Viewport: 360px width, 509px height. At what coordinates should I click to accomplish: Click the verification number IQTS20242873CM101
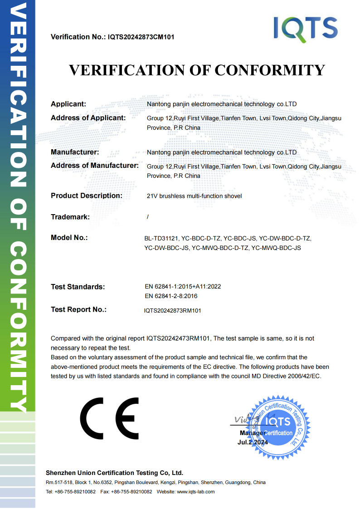(x=141, y=37)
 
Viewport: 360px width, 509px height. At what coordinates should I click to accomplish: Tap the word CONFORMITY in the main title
(x=269, y=70)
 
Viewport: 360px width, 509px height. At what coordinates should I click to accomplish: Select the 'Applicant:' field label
(x=68, y=104)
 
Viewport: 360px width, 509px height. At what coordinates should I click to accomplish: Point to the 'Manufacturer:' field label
(x=75, y=152)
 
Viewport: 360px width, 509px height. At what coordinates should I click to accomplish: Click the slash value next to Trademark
(x=148, y=217)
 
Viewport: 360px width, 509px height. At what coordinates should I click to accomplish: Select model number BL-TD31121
(x=161, y=238)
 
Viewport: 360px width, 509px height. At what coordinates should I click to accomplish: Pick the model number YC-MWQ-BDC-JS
(x=276, y=248)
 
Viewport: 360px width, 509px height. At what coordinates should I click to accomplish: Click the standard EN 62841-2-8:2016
(x=171, y=296)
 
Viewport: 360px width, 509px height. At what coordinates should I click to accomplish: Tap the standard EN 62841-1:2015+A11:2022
(x=183, y=287)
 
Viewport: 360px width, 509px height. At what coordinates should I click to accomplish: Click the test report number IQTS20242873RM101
(x=172, y=311)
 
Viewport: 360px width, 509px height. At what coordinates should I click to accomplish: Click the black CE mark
(x=110, y=418)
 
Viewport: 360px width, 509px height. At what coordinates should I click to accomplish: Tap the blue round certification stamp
(x=278, y=426)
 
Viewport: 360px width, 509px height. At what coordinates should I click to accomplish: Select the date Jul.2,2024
(x=253, y=442)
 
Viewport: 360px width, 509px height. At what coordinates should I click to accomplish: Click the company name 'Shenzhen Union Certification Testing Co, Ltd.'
(x=115, y=473)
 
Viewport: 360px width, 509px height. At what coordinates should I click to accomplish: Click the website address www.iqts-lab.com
(x=195, y=492)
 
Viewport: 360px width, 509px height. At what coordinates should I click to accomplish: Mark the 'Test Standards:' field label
(x=78, y=287)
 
